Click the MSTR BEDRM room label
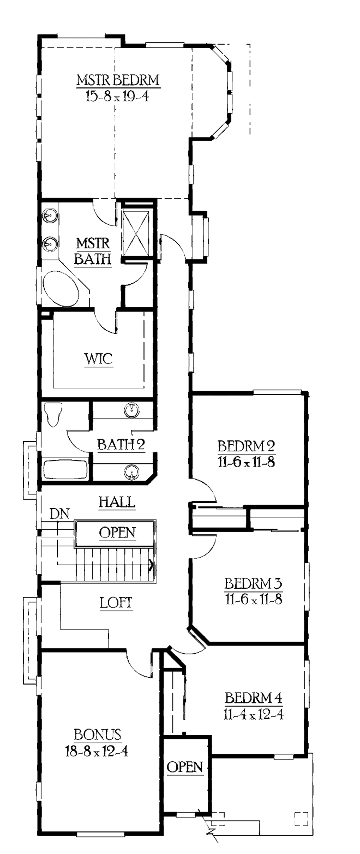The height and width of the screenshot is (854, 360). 118,80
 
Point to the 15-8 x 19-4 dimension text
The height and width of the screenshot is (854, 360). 117,96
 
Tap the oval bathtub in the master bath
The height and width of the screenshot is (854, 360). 60,288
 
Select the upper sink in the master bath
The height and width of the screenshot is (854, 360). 50,215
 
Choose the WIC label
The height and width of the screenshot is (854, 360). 98,359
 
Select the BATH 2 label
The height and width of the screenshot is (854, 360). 121,445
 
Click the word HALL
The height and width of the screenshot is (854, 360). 117,502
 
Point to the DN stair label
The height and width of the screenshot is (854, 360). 59,514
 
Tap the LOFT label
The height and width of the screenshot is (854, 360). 116,603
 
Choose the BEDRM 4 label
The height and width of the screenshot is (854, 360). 253,698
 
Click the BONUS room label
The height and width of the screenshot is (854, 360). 97,734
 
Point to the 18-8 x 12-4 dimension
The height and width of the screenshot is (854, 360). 97,751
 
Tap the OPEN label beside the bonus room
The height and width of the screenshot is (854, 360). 185,767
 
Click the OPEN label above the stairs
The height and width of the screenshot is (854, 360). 117,533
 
